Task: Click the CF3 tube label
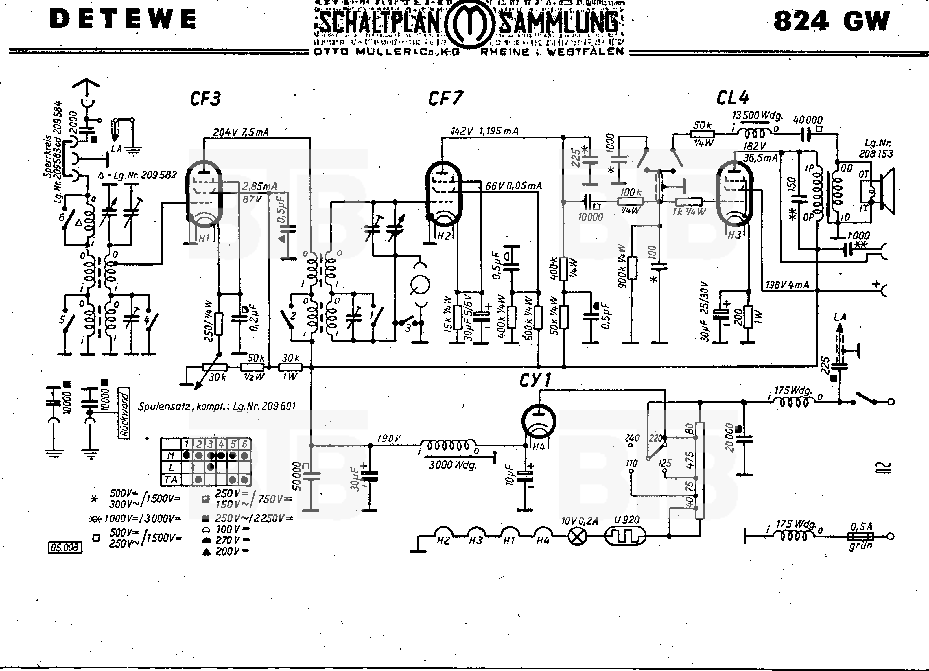coord(205,99)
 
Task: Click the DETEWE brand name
coord(123,19)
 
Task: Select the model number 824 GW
coord(832,21)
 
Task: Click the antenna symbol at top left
coord(86,86)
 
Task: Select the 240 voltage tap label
coord(632,438)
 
